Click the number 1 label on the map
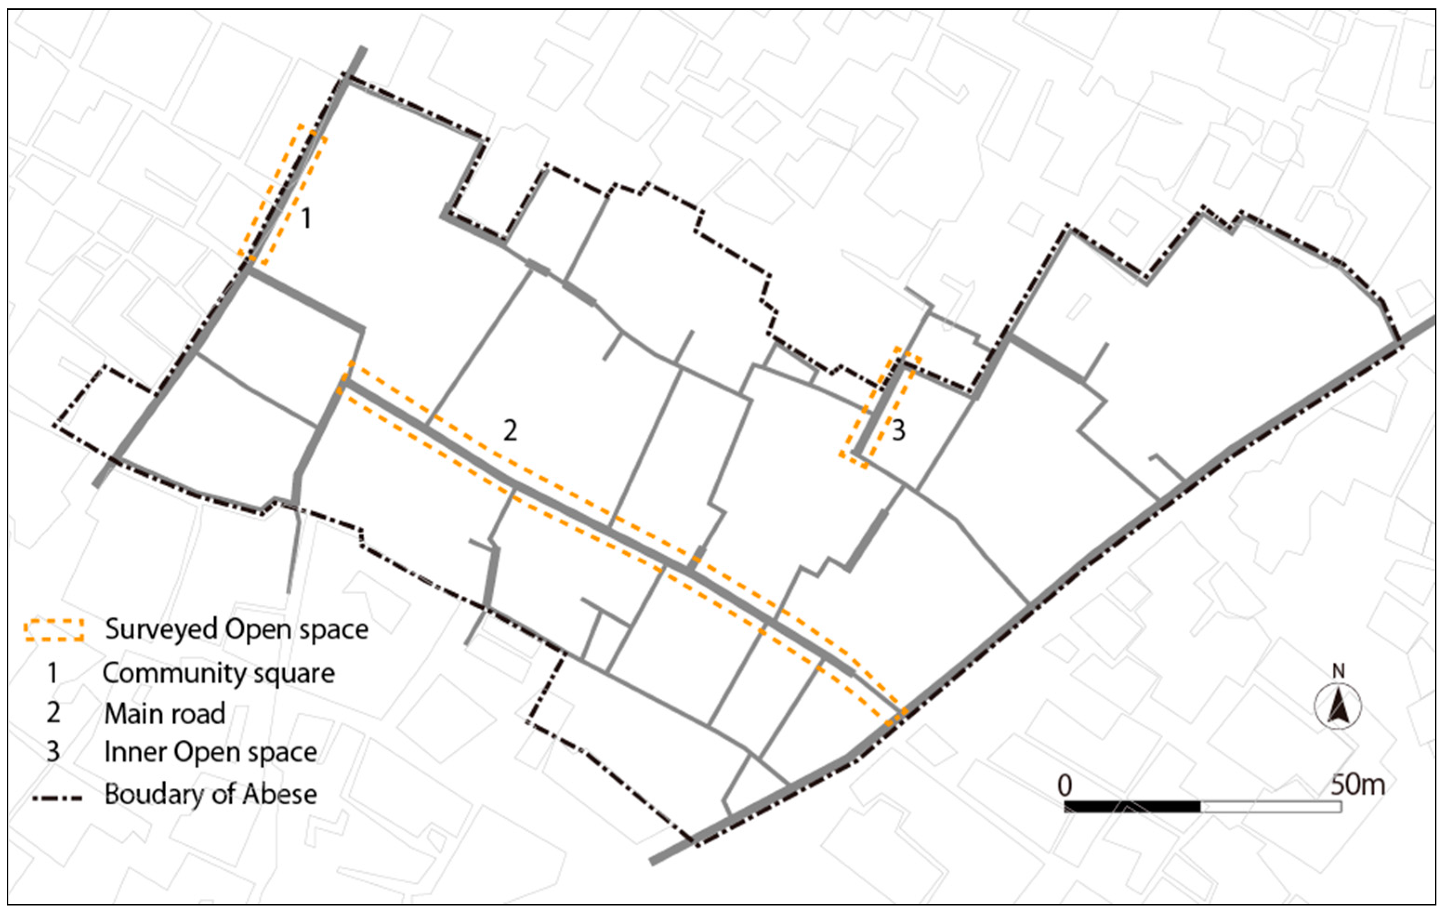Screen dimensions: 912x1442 [306, 218]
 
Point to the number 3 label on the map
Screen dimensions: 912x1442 [898, 430]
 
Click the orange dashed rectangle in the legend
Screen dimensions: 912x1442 [54, 630]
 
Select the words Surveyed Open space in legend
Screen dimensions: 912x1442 [237, 630]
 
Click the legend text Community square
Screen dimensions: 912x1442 [218, 673]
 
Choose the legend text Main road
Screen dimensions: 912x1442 [164, 713]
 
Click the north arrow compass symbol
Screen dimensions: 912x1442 [1338, 707]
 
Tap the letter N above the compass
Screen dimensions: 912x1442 [1338, 671]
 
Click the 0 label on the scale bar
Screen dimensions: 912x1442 [1064, 785]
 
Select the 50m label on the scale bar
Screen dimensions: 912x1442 [1357, 784]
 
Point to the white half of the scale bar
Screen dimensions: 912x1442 [1270, 806]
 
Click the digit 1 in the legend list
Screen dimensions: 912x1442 [52, 673]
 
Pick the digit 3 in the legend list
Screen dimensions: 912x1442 [52, 752]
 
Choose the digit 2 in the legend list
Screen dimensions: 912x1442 [52, 713]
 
